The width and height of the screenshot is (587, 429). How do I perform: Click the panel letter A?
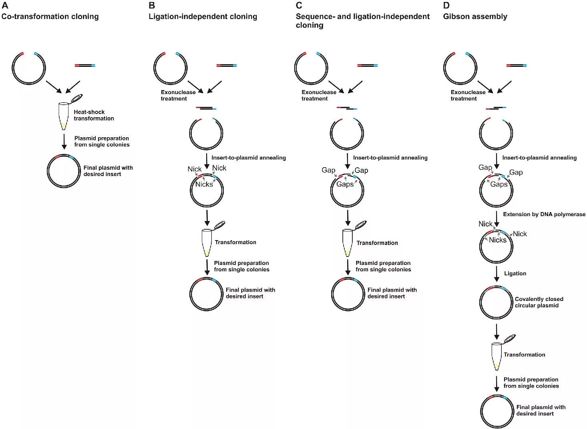click(5, 6)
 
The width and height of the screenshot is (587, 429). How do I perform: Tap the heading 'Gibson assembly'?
click(475, 16)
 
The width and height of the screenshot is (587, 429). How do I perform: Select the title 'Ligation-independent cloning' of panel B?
click(203, 16)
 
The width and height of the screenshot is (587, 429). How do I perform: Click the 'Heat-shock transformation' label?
click(94, 115)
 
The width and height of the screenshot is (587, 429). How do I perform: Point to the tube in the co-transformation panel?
click(64, 116)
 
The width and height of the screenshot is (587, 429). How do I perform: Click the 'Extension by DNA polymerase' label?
click(544, 214)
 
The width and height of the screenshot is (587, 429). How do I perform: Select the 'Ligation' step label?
click(515, 273)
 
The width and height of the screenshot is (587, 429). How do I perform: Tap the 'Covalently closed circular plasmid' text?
click(539, 302)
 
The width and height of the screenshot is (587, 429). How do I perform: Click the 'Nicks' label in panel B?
click(204, 184)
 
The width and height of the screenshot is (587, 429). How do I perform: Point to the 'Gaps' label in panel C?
click(345, 184)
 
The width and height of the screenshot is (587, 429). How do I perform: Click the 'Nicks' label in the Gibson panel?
click(497, 240)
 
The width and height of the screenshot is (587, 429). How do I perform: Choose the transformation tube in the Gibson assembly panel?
click(497, 356)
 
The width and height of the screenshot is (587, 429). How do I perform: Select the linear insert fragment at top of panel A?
click(85, 65)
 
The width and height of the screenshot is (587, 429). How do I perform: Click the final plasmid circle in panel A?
click(64, 171)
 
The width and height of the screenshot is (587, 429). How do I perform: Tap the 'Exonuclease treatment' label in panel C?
click(319, 95)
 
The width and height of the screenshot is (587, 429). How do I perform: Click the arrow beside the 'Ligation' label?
click(497, 274)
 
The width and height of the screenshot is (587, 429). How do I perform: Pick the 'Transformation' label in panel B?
click(235, 242)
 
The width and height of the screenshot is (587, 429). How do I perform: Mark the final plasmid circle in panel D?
click(497, 411)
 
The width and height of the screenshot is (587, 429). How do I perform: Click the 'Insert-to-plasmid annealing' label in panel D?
click(539, 158)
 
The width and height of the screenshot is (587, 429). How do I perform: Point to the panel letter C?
click(299, 6)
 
